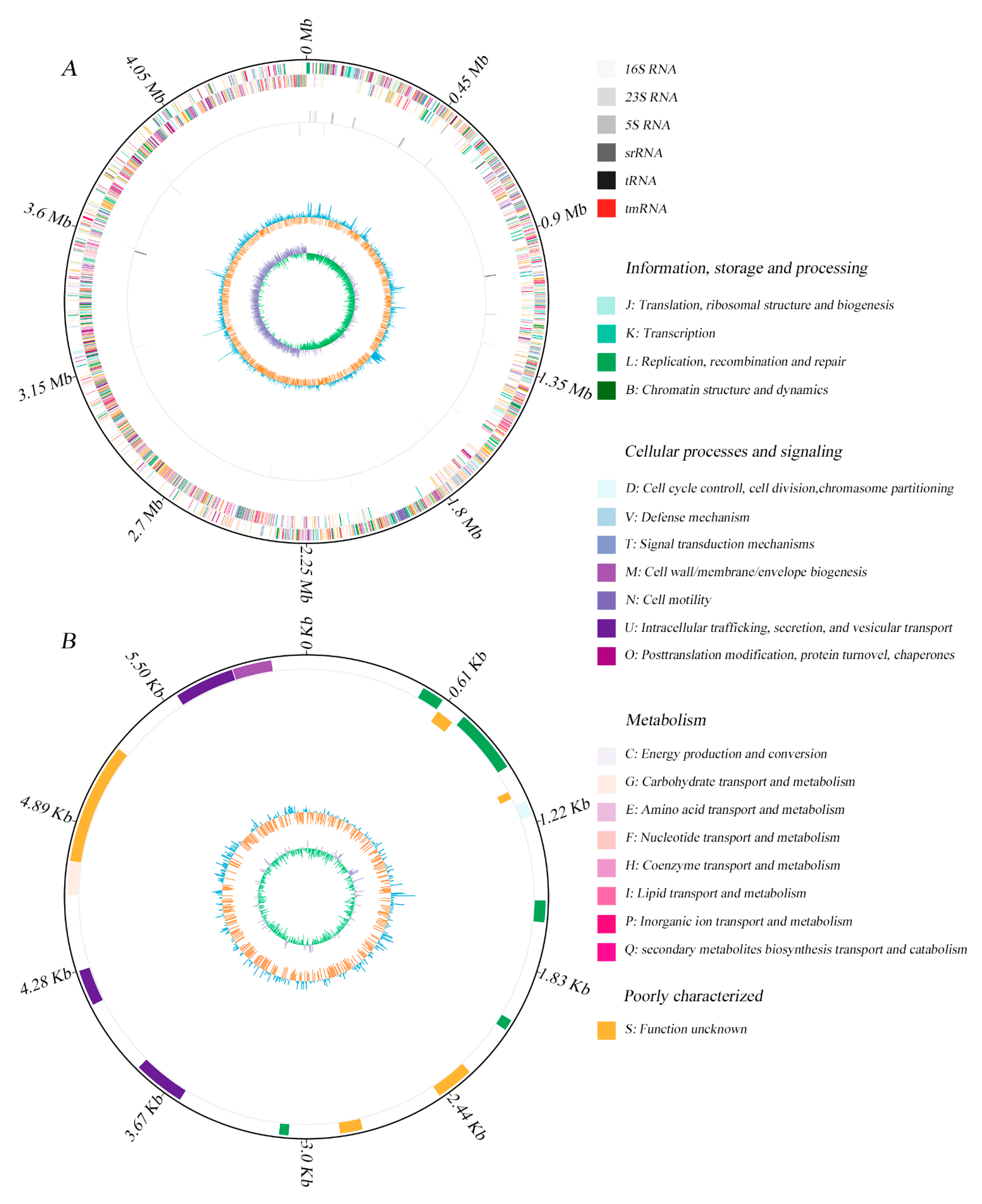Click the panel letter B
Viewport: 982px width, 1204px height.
point(68,641)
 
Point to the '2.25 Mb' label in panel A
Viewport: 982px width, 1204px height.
point(306,573)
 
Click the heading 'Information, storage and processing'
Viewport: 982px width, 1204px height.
point(746,268)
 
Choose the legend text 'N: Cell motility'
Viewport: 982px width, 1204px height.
point(667,600)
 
